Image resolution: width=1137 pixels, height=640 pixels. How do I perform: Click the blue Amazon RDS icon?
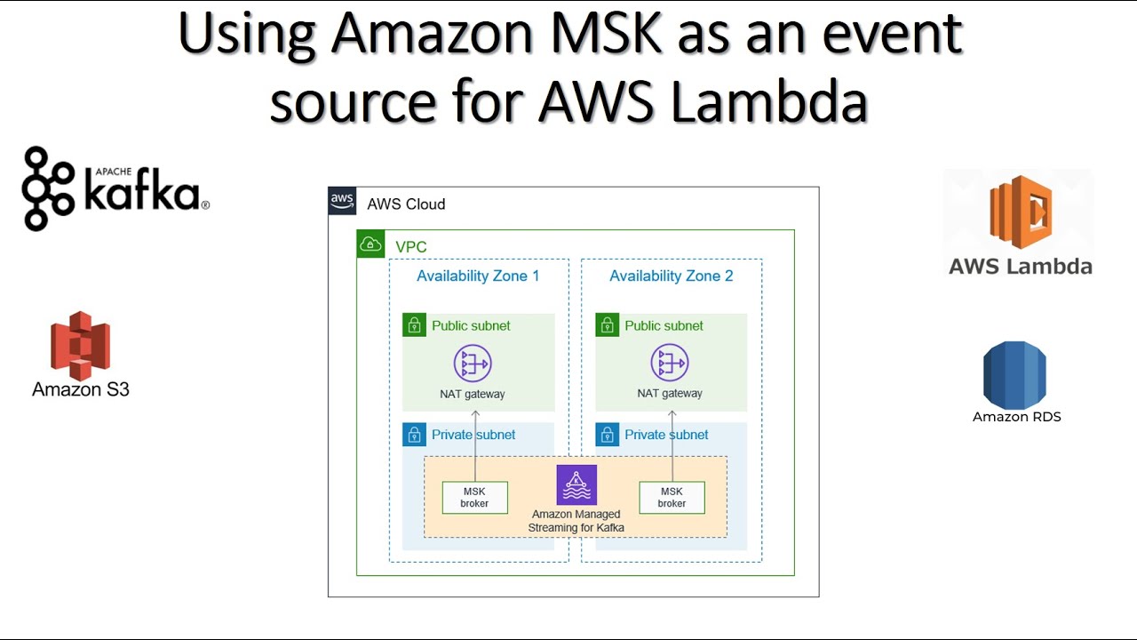[x=1014, y=374]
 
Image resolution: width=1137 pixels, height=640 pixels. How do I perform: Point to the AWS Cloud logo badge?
[x=343, y=203]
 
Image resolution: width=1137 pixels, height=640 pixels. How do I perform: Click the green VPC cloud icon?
[x=370, y=244]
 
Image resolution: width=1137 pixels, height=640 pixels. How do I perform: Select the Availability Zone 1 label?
[x=478, y=276]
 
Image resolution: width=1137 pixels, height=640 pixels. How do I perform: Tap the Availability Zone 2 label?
[x=671, y=276]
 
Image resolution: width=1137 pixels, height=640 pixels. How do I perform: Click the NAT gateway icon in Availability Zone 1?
[x=473, y=364]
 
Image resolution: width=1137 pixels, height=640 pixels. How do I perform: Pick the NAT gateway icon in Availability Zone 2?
[x=670, y=364]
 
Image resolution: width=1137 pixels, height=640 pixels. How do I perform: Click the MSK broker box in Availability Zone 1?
[x=474, y=498]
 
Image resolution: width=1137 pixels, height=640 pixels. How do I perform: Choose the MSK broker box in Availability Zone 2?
[x=672, y=498]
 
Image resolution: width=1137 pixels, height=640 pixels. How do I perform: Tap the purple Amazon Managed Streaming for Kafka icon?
[x=576, y=484]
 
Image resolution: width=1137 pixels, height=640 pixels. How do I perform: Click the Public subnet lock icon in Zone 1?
[x=414, y=325]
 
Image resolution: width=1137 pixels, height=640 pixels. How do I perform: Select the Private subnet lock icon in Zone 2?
[x=607, y=435]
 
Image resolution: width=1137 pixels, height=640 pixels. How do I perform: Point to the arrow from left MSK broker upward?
[x=475, y=444]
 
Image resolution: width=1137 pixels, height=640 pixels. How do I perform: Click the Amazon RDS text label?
[x=1016, y=417]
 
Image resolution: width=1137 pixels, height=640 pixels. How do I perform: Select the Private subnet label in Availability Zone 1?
[x=473, y=435]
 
